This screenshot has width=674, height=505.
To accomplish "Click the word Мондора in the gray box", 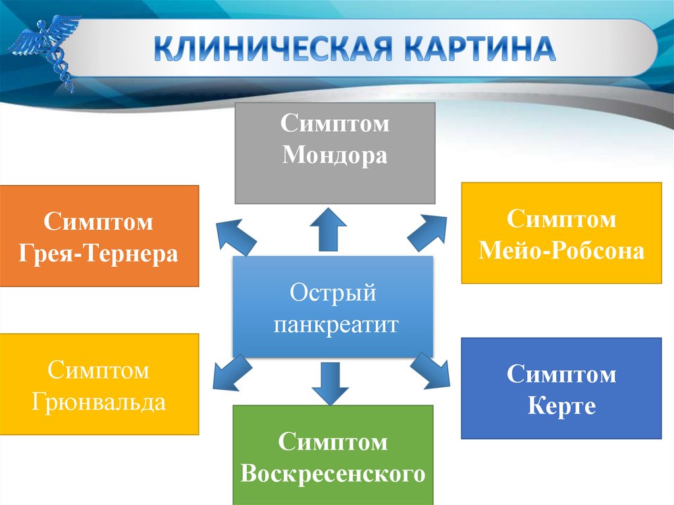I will click(335, 157).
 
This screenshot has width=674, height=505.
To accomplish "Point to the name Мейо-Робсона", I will click(561, 250).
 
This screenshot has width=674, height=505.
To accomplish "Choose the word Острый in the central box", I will click(333, 292).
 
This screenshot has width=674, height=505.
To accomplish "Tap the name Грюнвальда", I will click(99, 402).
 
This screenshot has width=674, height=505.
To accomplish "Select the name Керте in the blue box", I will click(561, 406).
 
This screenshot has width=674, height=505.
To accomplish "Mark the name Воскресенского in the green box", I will click(333, 474).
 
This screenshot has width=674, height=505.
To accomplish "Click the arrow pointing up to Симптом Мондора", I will click(328, 228).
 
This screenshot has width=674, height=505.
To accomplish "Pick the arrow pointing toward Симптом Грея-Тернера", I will click(236, 235).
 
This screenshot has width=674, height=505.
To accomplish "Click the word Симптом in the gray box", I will click(335, 124).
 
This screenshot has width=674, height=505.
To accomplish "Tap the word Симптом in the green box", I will click(333, 442).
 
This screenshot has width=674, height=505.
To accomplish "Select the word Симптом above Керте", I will click(561, 375).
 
